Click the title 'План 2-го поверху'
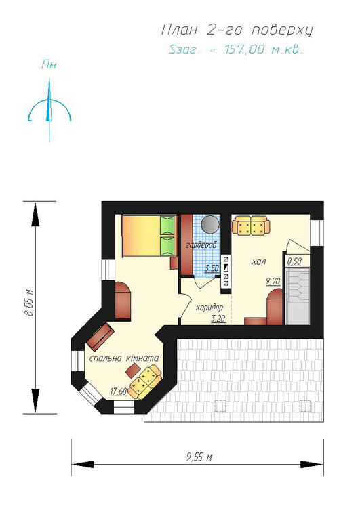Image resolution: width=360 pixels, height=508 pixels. point(237,30)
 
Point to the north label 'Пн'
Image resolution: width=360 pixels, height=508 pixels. point(49,65)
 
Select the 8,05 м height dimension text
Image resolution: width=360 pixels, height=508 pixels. point(29,302)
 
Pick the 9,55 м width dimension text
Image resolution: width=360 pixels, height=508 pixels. point(199,457)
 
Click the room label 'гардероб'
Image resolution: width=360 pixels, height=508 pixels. point(201,246)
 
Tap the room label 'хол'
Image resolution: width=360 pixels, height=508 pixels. point(258,261)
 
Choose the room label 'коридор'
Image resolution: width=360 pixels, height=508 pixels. point(209,307)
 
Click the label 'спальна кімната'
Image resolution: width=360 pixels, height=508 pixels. point(124,358)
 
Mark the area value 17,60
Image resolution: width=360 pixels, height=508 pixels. point(118,391)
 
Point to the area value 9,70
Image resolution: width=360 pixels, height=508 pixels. point(273,281)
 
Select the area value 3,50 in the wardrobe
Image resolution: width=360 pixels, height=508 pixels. point(212,268)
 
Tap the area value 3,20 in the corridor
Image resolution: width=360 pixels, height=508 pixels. point(218,319)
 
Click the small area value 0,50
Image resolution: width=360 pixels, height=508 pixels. point(294,261)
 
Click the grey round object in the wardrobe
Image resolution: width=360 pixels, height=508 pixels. point(209,225)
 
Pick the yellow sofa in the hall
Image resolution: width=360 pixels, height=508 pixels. point(251,226)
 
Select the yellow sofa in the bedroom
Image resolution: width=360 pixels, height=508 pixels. point(144,381)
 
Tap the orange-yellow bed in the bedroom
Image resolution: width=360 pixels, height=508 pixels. point(149,236)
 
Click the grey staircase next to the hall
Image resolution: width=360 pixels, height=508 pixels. point(298,295)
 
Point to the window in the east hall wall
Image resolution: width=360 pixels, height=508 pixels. point(317,233)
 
